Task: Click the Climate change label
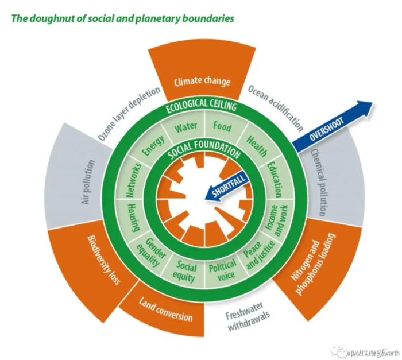tap(202, 81)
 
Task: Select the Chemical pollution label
tap(318, 183)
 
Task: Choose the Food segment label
tap(222, 126)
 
